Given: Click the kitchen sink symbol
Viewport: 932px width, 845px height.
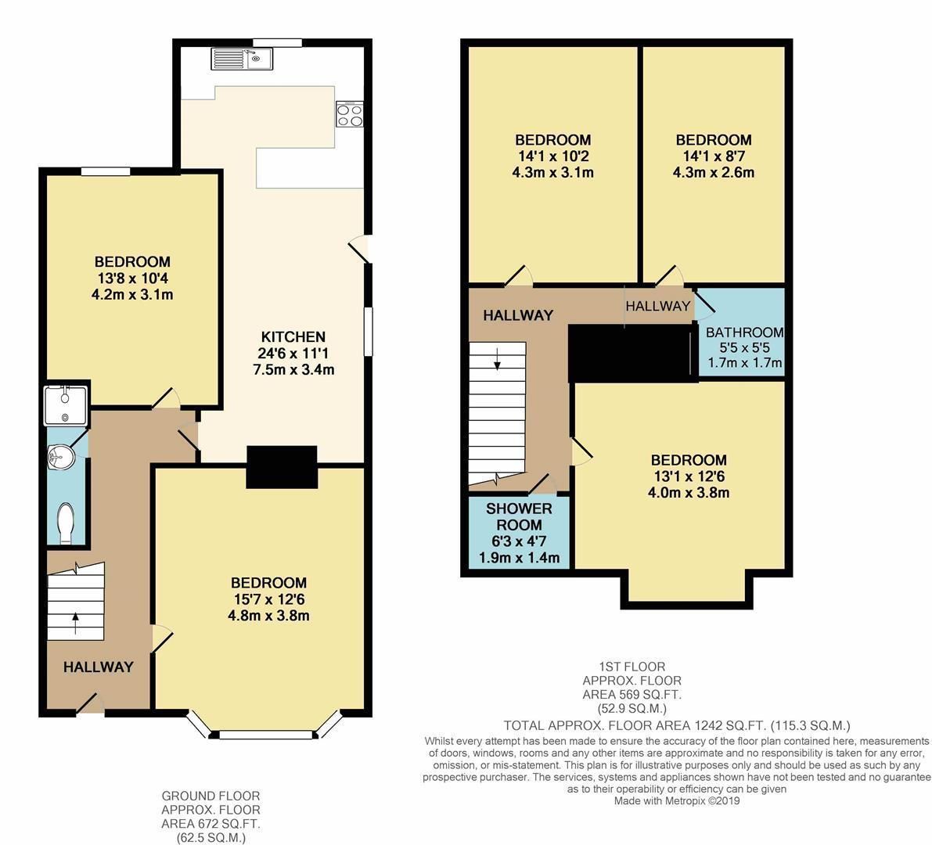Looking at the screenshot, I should [240, 58].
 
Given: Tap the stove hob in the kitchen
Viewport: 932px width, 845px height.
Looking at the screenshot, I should [350, 115].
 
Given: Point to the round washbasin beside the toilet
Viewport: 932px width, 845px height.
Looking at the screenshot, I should [60, 455].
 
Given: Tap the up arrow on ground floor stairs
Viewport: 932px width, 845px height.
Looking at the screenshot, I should [75, 623].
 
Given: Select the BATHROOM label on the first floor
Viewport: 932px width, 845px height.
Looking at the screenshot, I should [743, 332].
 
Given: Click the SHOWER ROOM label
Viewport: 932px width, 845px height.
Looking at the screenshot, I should [519, 516].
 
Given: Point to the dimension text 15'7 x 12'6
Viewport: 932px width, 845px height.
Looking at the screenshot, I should [268, 599].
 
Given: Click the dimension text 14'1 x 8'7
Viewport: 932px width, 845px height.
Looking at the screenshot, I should [713, 156].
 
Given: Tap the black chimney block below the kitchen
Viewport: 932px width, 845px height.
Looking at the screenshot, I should [282, 467].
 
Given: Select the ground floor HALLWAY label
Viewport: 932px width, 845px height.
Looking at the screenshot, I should [98, 667].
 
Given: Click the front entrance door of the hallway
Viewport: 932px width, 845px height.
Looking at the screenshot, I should [91, 705].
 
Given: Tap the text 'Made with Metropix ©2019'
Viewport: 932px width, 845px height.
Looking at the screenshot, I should [676, 800].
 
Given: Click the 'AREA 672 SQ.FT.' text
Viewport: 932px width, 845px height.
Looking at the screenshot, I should [211, 823].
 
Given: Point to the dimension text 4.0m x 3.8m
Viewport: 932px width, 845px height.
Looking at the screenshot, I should [688, 492].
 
